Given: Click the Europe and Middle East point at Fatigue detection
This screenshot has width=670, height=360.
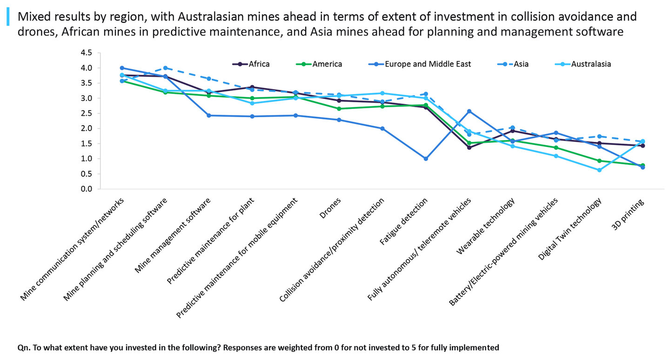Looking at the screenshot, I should [425, 159].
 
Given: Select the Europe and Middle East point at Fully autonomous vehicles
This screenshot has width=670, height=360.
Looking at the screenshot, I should [469, 111].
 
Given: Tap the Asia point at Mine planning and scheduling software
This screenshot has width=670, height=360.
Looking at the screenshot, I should [165, 68].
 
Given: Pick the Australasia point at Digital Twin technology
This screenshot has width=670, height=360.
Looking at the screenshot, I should [599, 170].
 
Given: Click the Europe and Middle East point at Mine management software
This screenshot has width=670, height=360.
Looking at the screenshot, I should [209, 115].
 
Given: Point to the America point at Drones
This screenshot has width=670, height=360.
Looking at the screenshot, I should [339, 109].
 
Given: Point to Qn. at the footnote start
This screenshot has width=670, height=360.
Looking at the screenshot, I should [23, 347].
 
